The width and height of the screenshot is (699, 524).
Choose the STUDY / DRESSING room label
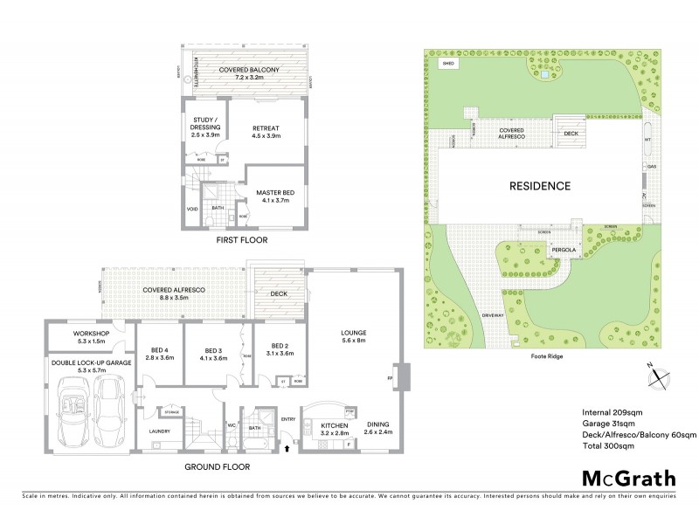click(x=205, y=128)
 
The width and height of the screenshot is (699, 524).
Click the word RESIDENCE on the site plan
click(x=541, y=186)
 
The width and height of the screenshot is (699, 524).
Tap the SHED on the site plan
click(x=449, y=65)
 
